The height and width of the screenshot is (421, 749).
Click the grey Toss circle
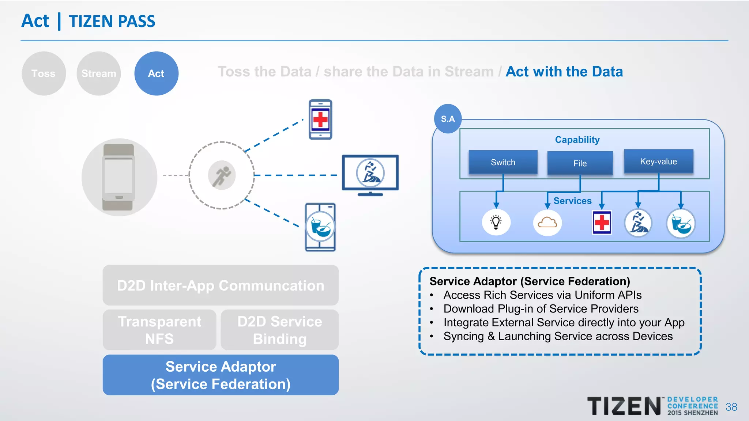(44, 73)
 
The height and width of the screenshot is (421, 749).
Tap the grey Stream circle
(98, 73)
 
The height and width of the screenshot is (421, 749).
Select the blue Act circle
(156, 73)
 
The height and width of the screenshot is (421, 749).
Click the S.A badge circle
(448, 119)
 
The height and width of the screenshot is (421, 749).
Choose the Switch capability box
(503, 162)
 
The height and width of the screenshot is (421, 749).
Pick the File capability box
(580, 163)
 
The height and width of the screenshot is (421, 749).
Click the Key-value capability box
(658, 162)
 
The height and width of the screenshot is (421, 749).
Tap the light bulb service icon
(496, 222)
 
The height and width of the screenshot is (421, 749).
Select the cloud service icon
(547, 222)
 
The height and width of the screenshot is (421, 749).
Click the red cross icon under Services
(602, 222)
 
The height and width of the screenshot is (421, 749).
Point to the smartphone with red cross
(320, 119)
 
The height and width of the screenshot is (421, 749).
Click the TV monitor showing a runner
(370, 174)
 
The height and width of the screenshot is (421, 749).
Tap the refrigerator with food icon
(320, 227)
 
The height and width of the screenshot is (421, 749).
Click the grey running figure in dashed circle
(222, 175)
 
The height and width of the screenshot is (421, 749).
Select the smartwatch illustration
(119, 177)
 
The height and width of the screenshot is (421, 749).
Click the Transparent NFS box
(159, 330)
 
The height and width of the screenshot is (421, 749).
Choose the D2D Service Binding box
(279, 330)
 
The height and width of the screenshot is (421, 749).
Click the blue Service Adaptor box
(221, 375)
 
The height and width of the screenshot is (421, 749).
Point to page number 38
(731, 407)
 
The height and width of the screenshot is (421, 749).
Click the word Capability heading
(577, 140)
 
